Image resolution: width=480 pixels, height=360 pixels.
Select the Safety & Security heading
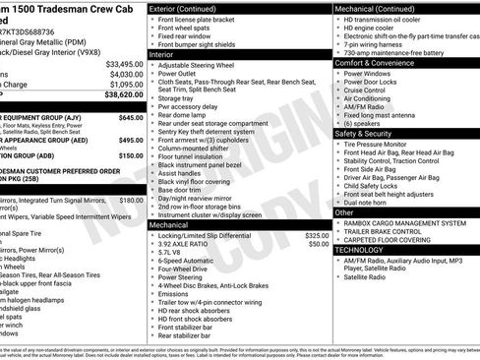370,132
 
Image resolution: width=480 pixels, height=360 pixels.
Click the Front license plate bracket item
197,20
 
